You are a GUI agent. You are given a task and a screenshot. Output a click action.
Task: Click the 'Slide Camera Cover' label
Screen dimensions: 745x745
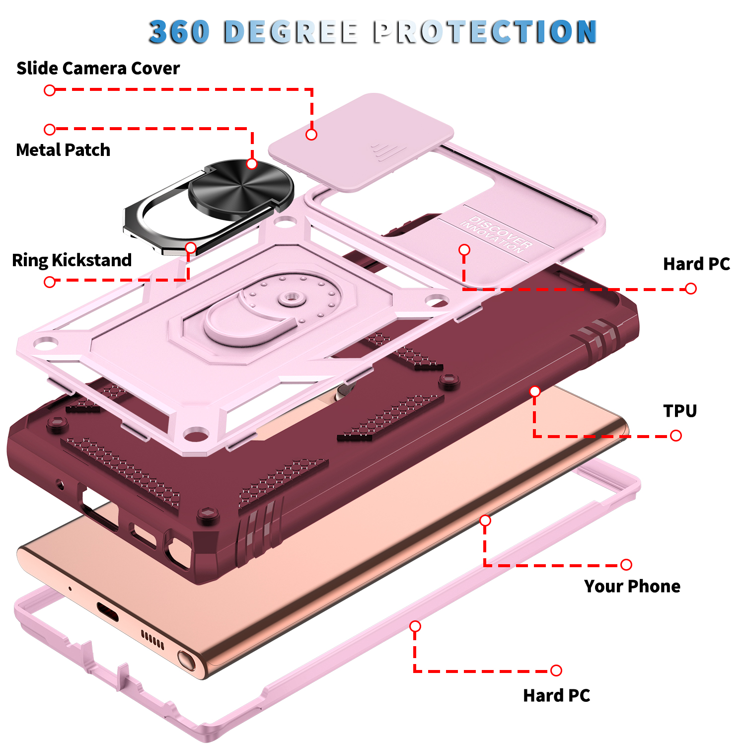[98, 68]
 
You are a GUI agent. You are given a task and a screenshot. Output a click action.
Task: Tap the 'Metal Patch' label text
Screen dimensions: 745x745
[63, 150]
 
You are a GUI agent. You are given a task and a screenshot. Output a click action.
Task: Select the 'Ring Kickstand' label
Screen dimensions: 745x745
[72, 260]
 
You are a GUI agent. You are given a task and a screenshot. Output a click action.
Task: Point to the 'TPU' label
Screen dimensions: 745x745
[680, 411]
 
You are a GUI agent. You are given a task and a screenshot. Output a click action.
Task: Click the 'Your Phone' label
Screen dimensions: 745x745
[632, 586]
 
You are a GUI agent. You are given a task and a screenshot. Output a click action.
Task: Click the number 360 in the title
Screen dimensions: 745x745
[179, 32]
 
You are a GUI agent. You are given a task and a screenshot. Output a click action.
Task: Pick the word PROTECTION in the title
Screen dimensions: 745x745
[485, 32]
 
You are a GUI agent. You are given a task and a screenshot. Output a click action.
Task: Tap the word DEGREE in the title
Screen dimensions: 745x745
[291, 32]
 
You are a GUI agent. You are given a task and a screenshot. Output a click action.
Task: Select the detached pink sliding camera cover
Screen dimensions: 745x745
[361, 142]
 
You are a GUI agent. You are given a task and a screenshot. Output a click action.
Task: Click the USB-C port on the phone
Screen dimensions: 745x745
[107, 611]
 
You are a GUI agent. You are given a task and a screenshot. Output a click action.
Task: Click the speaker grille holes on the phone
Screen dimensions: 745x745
[152, 640]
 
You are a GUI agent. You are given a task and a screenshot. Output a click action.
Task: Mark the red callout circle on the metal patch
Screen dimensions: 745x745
[252, 164]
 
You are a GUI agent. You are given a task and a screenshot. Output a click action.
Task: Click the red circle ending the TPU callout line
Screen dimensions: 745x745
[675, 436]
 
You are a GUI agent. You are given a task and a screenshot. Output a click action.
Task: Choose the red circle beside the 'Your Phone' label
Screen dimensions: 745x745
[626, 564]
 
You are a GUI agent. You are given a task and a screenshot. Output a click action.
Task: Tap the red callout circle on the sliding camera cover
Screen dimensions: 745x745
[311, 135]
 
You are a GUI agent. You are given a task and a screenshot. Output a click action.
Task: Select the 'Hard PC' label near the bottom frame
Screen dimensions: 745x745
[557, 695]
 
